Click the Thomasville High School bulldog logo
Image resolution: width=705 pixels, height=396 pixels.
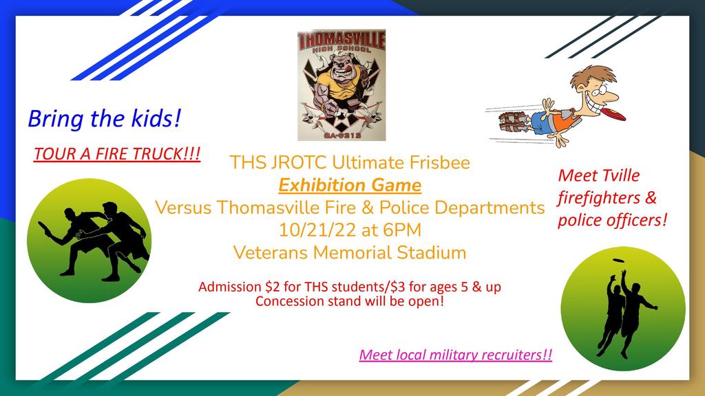(341, 85)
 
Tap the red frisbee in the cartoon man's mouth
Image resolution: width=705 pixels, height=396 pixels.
(613, 113)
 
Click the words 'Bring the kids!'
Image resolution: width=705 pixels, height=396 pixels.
(105, 118)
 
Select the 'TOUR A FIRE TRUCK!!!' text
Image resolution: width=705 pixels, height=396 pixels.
(117, 154)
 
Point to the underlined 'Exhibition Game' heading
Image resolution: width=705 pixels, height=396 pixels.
(350, 186)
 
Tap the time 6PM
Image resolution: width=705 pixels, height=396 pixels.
(402, 230)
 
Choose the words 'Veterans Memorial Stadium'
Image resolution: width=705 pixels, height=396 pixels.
(350, 252)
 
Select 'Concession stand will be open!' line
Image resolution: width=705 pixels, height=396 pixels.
(350, 301)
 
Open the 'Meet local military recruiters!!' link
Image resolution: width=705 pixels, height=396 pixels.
(456, 355)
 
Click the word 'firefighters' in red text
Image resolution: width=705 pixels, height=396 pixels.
(599, 197)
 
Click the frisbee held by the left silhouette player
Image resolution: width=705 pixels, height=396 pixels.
(45, 228)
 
